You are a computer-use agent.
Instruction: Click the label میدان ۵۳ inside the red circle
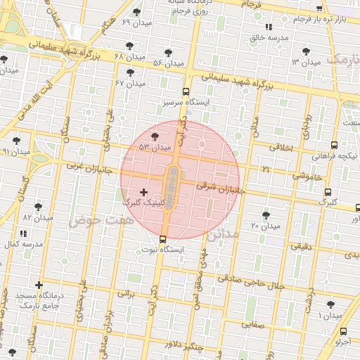point(155,148)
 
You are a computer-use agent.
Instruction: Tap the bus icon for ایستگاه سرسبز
point(186,91)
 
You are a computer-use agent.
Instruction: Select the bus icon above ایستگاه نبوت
point(163,239)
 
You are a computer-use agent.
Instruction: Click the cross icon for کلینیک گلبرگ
point(144,192)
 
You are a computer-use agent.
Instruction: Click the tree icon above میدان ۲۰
point(265,215)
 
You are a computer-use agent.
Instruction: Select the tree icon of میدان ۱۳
point(305,51)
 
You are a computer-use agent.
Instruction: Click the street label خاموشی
point(310,177)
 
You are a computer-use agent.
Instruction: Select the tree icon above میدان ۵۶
point(167,53)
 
